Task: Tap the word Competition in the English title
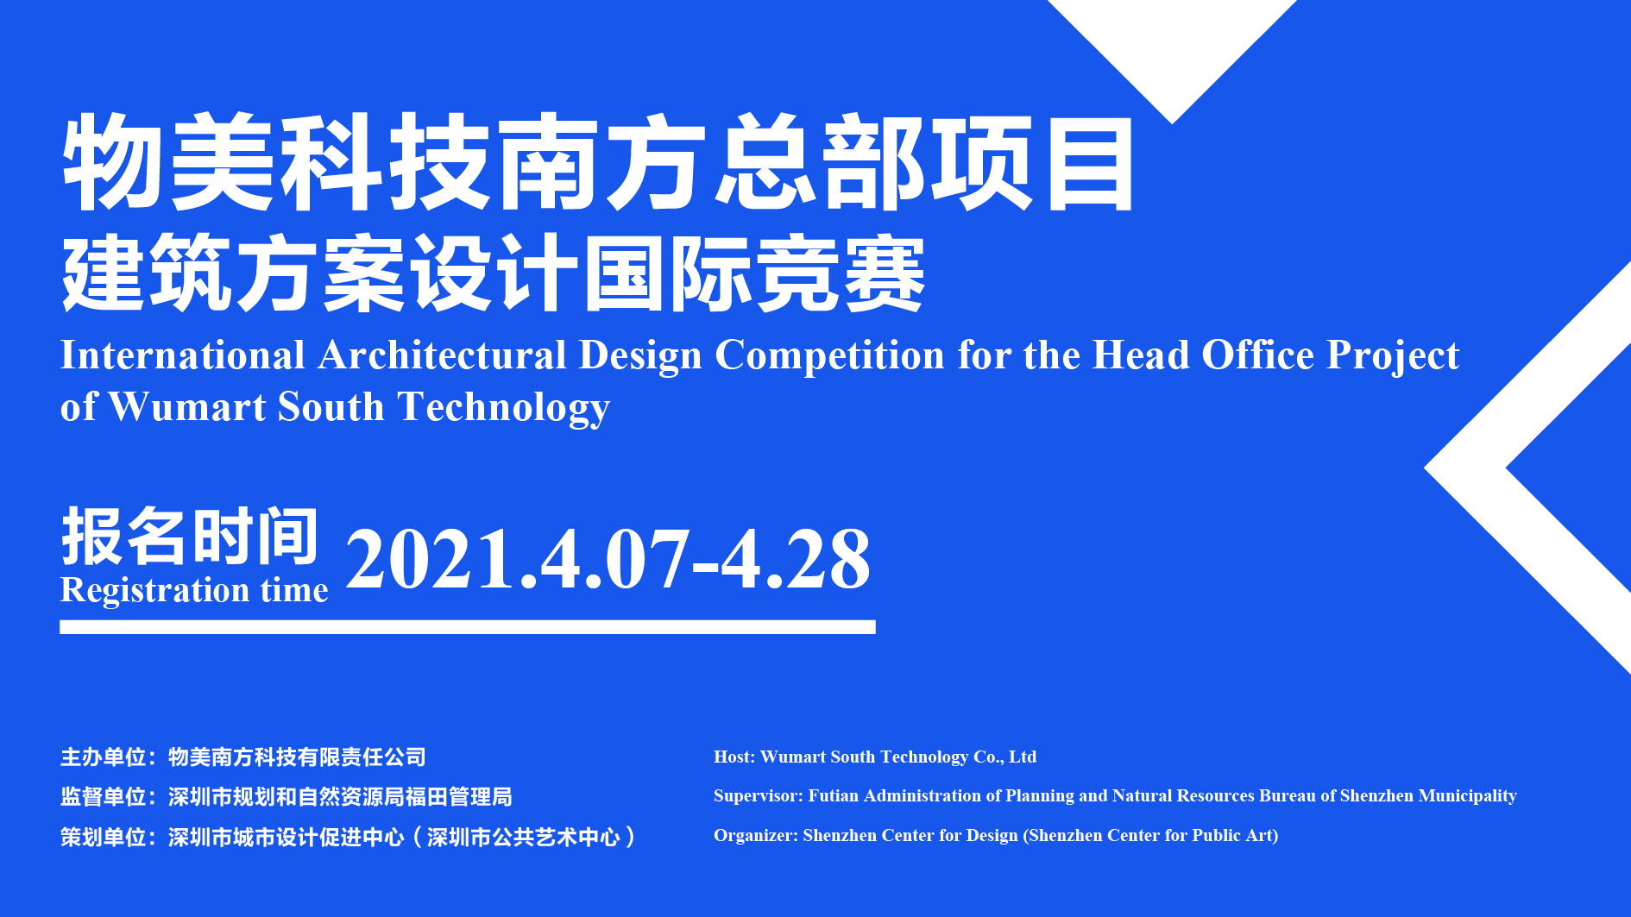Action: point(829,356)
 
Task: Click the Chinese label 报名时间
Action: point(190,537)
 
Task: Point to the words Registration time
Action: point(194,590)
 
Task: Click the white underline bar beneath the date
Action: point(468,627)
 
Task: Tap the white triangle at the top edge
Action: point(1172,52)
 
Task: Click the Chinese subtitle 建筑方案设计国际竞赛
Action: point(494,273)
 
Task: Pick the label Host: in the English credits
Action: point(734,757)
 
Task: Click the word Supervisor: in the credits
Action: point(759,796)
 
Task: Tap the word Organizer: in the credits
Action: point(756,836)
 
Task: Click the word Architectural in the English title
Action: point(442,355)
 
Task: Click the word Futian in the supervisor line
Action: point(834,795)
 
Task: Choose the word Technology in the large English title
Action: point(503,407)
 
